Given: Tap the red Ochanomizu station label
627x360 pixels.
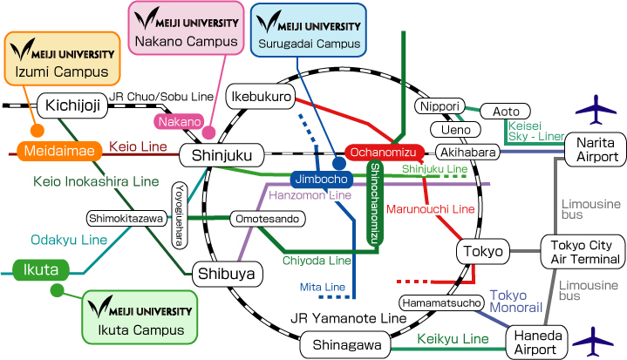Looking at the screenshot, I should [385, 153].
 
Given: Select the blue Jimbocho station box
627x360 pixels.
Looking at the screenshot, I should [320, 180].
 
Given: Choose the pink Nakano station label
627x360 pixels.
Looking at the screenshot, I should [179, 121].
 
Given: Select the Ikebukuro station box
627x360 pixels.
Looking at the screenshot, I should [260, 97].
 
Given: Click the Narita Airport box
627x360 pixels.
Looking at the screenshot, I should [595, 149].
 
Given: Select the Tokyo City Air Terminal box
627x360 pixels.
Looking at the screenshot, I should [583, 251].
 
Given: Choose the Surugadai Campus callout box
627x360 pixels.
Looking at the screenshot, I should [308, 28].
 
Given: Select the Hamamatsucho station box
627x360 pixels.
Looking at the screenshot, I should [441, 303].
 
